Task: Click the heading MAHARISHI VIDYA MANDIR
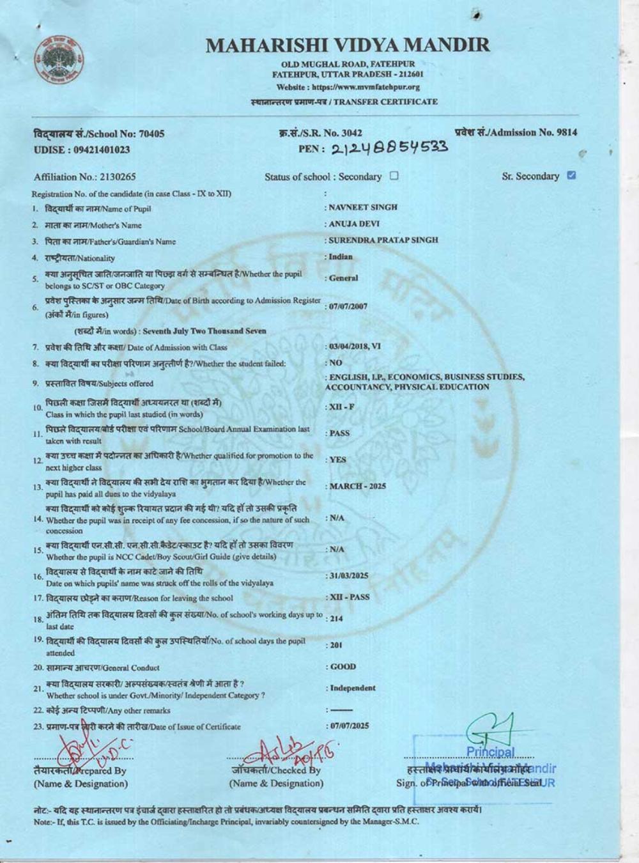[348, 45]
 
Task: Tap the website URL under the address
[348, 87]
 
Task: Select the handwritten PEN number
[386, 148]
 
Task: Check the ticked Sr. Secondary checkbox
[571, 176]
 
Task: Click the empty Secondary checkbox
[394, 176]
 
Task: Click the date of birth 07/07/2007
[348, 306]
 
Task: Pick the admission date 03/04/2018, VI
[355, 346]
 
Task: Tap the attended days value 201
[336, 645]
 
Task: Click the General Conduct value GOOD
[343, 667]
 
